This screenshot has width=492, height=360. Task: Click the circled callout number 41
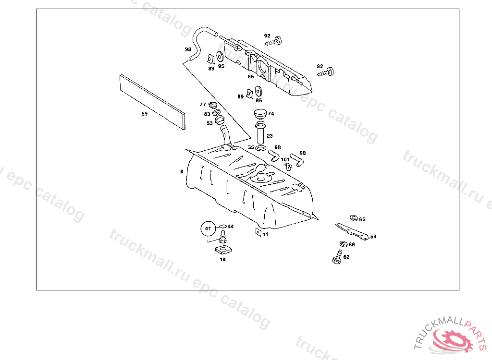(x=208, y=228)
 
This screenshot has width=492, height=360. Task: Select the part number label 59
(x=144, y=114)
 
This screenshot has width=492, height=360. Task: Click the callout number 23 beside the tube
(x=270, y=136)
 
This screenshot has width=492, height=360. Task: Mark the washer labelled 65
(x=354, y=218)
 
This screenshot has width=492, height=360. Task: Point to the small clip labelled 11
(x=258, y=233)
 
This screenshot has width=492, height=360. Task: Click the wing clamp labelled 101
(x=287, y=166)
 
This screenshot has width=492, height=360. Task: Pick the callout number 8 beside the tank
(x=182, y=171)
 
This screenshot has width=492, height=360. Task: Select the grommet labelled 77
(x=213, y=105)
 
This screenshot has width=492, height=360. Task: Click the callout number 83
(x=207, y=114)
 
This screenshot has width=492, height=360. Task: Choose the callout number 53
(x=209, y=123)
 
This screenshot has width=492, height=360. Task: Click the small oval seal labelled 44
(x=222, y=226)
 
